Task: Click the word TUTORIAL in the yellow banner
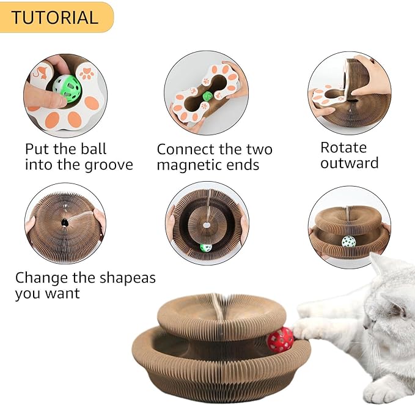(54, 17)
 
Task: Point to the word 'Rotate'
(343, 147)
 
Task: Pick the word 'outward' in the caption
(349, 163)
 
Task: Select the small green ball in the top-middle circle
(208, 96)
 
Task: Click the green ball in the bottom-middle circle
(206, 248)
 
